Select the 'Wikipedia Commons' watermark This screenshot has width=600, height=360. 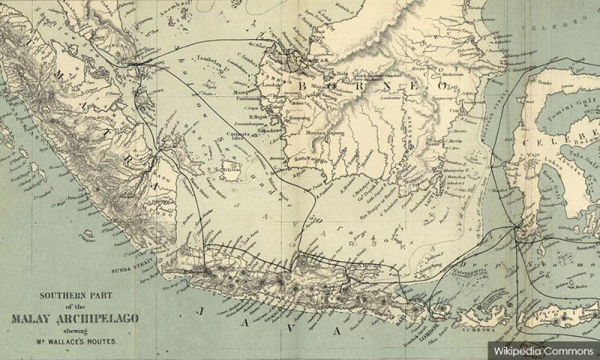[541, 350]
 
